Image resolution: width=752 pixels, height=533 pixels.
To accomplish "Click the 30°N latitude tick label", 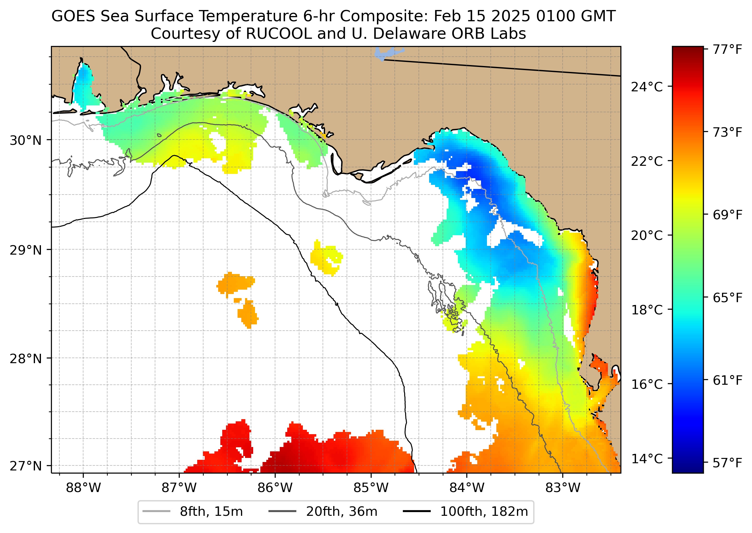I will (x=26, y=140).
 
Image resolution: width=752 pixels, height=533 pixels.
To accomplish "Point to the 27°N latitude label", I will (x=26, y=466).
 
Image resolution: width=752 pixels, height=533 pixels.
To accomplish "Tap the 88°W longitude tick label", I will (x=83, y=488).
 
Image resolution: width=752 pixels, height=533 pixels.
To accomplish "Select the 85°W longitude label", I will (x=371, y=488).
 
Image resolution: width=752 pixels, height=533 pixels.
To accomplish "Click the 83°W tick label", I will (x=563, y=488).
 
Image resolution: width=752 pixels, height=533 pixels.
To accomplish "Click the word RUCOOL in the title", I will (x=279, y=34).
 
